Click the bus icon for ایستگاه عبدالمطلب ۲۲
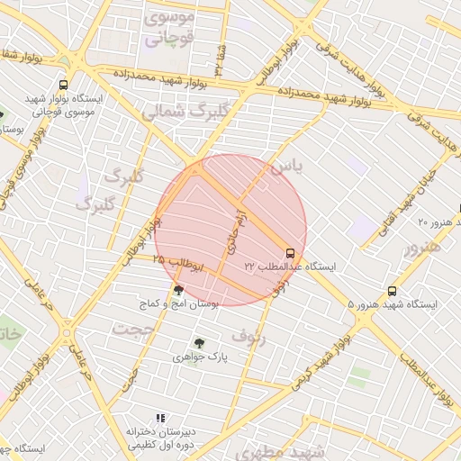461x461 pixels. coord(290,254)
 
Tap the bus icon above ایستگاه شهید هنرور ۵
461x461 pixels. coord(392,291)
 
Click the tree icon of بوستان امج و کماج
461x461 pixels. coord(178,290)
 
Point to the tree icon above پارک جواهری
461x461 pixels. coord(199,343)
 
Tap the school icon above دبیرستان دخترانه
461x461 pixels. coord(160,418)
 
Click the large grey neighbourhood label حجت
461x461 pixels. coord(136,330)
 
